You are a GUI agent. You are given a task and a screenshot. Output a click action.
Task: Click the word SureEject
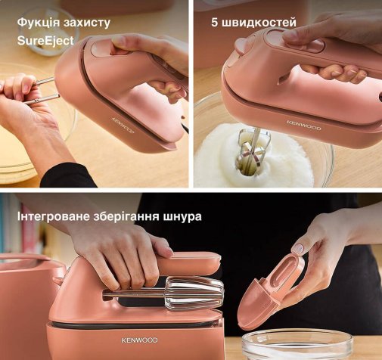click(45, 41)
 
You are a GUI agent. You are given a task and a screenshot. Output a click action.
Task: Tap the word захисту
click(87, 23)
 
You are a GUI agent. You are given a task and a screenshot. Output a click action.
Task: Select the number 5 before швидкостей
click(214, 23)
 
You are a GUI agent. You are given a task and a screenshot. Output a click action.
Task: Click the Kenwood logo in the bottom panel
click(139, 340)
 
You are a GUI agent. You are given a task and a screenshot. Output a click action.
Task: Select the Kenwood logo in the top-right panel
click(304, 126)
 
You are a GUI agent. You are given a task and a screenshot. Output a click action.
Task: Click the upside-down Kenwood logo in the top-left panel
click(123, 125)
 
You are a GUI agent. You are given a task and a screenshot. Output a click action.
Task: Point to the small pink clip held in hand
click(270, 290)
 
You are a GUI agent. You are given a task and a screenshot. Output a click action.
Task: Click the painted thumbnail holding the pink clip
click(299, 247)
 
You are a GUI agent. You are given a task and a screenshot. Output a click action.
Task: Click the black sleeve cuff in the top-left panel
click(68, 175)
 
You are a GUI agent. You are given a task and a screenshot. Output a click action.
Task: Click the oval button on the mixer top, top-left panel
click(98, 48)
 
